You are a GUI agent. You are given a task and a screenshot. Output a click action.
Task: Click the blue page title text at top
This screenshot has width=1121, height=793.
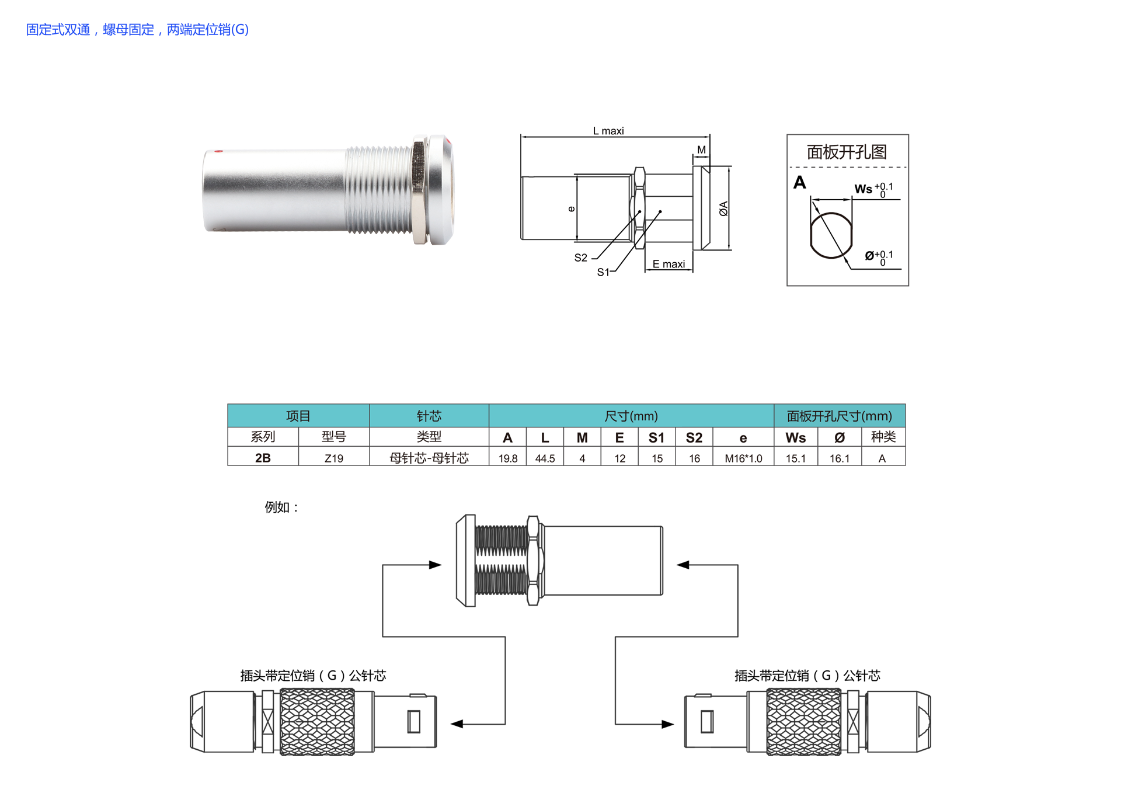pyautogui.click(x=137, y=29)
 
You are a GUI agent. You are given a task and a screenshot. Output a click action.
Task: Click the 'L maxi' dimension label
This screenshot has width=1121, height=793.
pyautogui.click(x=608, y=131)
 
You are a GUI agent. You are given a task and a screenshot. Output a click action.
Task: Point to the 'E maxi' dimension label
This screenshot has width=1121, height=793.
pyautogui.click(x=669, y=264)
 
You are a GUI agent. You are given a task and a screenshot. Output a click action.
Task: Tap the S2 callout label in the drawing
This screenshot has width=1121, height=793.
pyautogui.click(x=580, y=258)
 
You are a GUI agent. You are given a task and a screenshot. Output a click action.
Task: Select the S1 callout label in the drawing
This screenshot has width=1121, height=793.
pyautogui.click(x=603, y=272)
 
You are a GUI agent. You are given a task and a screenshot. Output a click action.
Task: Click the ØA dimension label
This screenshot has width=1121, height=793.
pyautogui.click(x=723, y=208)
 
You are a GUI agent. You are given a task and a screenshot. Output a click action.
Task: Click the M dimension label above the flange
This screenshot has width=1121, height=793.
pyautogui.click(x=701, y=150)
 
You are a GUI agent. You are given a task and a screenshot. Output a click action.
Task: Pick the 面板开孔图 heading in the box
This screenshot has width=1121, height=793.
pyautogui.click(x=847, y=152)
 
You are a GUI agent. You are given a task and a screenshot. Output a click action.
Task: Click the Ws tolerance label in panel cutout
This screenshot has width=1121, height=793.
pyautogui.click(x=873, y=189)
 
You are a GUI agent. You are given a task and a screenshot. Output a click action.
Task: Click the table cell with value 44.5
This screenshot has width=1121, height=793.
pyautogui.click(x=545, y=458)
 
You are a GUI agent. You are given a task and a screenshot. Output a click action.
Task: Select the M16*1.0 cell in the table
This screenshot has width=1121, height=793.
pyautogui.click(x=743, y=458)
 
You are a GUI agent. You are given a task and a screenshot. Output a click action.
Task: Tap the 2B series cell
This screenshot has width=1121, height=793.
pyautogui.click(x=263, y=458)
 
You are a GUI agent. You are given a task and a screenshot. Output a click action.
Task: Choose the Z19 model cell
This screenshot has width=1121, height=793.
pyautogui.click(x=334, y=458)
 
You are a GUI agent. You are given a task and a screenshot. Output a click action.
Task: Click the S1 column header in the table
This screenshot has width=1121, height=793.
pyautogui.click(x=656, y=437)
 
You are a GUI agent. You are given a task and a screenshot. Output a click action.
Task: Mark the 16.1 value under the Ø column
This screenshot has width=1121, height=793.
pyautogui.click(x=839, y=458)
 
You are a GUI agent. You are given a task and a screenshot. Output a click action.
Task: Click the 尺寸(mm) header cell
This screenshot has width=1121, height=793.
pyautogui.click(x=631, y=416)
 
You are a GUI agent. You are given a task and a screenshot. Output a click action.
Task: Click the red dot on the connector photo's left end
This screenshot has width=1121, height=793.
pyautogui.click(x=218, y=151)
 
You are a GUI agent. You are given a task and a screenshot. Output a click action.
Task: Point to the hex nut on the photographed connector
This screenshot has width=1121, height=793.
pyautogui.click(x=419, y=192)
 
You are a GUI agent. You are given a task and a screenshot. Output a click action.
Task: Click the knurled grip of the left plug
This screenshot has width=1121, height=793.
pyautogui.click(x=317, y=722)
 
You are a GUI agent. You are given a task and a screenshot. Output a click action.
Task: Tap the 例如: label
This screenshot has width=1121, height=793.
pyautogui.click(x=281, y=507)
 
